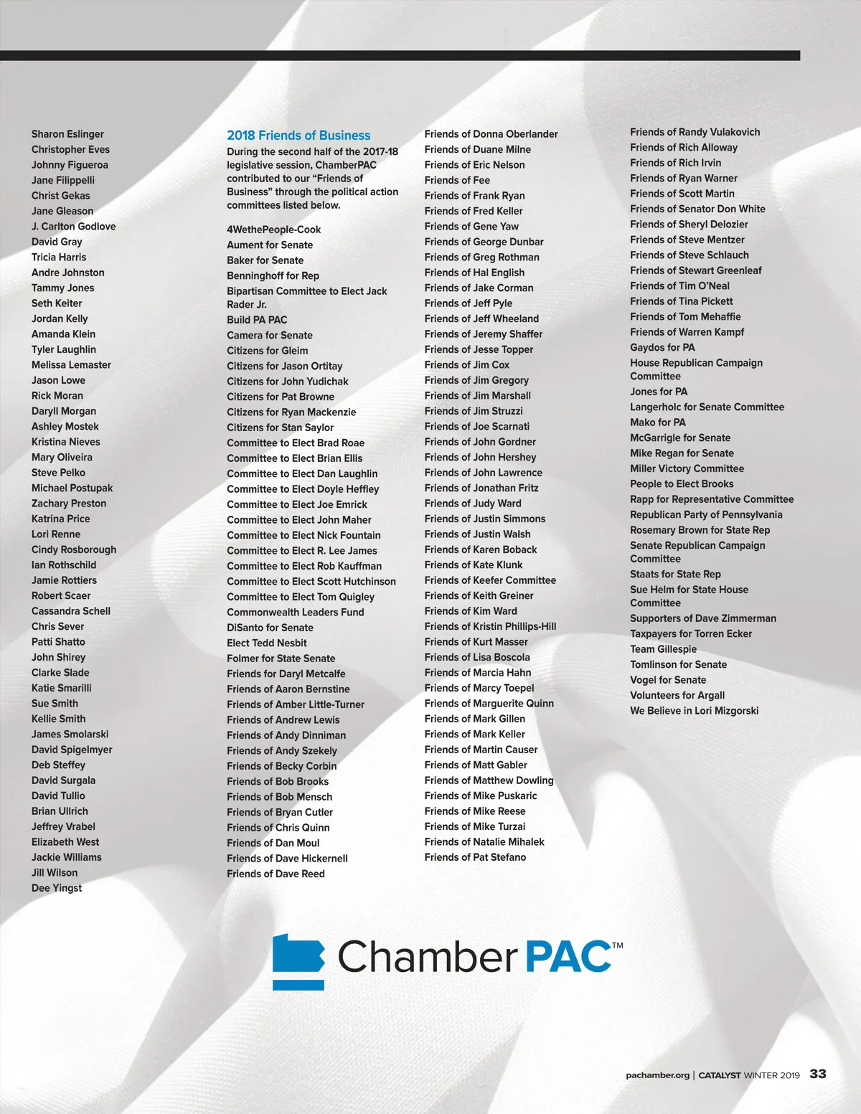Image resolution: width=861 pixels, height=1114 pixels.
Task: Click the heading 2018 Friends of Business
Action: click(298, 136)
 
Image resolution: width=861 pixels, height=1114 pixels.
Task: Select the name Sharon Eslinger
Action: click(67, 134)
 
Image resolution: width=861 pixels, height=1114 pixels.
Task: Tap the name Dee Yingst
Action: click(57, 888)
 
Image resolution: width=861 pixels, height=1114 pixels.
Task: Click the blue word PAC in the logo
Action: click(569, 957)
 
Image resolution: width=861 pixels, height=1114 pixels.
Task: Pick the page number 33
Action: click(818, 1074)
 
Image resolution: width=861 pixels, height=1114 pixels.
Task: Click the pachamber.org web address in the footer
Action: click(657, 1075)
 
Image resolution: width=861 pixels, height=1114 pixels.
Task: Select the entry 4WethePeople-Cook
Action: click(274, 230)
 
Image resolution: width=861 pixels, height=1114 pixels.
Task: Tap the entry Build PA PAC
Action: click(257, 320)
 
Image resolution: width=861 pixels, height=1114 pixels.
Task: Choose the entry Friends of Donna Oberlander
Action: click(491, 134)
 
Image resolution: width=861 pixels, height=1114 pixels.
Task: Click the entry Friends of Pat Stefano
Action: click(475, 857)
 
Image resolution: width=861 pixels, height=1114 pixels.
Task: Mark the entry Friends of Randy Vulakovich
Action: click(695, 132)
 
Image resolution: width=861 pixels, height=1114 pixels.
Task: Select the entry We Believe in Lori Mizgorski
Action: click(694, 711)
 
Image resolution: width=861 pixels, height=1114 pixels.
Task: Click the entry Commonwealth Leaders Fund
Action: click(296, 613)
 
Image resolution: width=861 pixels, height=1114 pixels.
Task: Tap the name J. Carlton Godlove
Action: click(73, 227)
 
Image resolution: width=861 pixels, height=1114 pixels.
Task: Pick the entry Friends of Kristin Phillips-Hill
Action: click(490, 626)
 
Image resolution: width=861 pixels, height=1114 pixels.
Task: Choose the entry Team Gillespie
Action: click(663, 649)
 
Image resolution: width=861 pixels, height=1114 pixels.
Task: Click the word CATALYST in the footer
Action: click(719, 1075)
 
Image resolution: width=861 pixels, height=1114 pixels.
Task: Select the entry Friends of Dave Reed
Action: click(276, 874)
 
